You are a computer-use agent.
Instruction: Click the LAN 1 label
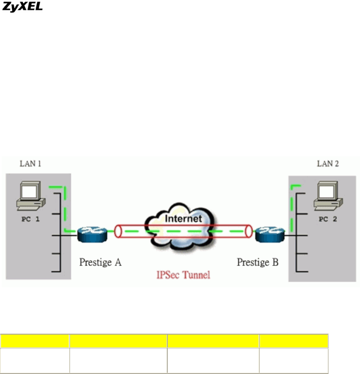click(31, 163)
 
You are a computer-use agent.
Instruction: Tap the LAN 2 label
click(327, 163)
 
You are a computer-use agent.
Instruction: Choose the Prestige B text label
click(258, 262)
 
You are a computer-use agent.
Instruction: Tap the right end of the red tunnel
click(249, 232)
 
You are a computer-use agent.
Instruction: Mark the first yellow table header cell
click(34, 341)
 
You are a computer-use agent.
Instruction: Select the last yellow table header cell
click(294, 341)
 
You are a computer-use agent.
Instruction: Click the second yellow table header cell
click(118, 341)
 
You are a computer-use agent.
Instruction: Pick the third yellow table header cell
click(213, 341)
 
